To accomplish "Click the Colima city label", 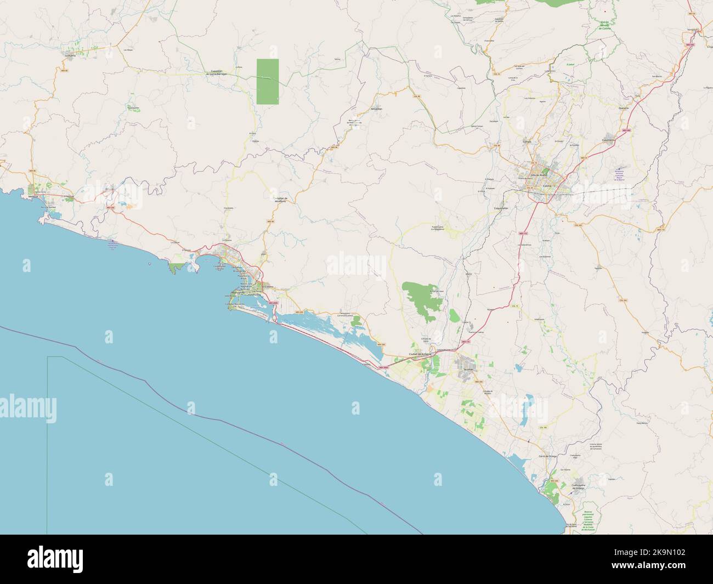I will coord(546,186).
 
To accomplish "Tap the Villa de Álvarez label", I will coord(532,176).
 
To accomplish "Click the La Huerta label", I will coord(70,55).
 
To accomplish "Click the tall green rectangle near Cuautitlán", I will coord(268,81).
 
